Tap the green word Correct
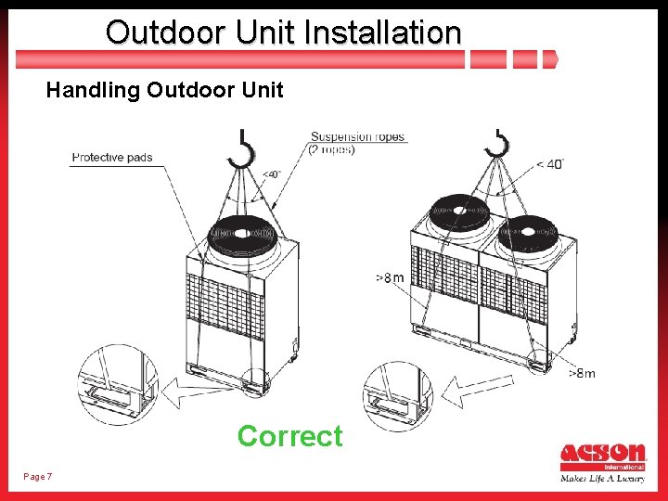[289, 435]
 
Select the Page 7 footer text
[37, 477]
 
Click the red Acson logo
[602, 455]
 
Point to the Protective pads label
[112, 158]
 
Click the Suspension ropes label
[357, 137]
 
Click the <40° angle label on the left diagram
[270, 173]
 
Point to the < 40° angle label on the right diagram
[549, 164]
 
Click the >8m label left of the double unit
[389, 277]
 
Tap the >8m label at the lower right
[582, 374]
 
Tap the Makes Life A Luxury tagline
[602, 479]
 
